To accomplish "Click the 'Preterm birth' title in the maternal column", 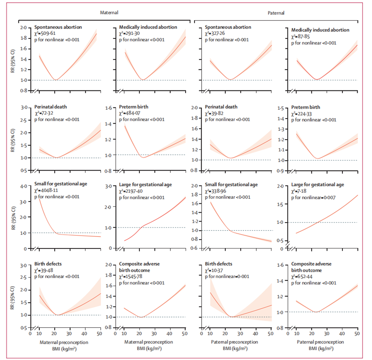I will pos(135,107).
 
